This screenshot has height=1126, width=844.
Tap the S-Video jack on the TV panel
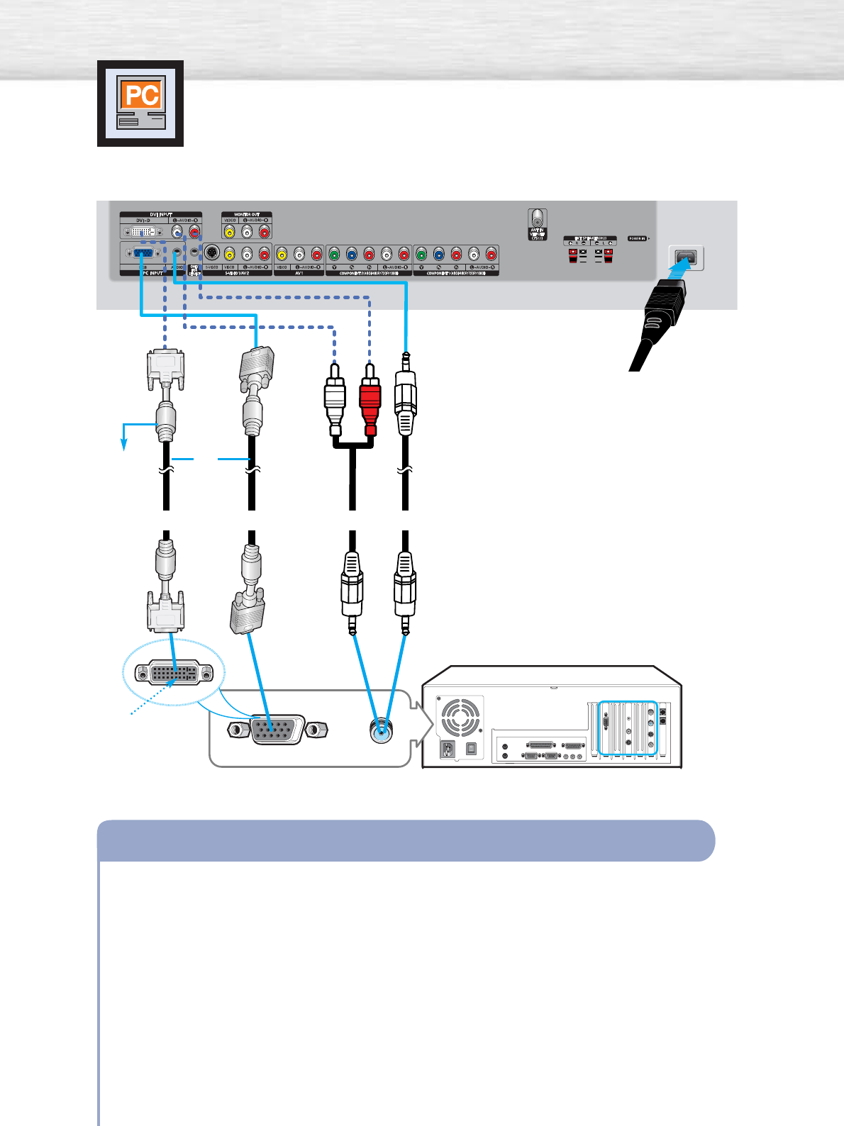211,253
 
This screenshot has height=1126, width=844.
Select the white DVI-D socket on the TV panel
143,231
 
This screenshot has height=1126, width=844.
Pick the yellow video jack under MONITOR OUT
229,232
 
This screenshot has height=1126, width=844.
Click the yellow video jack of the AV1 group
282,254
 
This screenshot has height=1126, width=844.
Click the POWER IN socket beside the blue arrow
686,257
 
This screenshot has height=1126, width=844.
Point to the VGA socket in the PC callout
277,730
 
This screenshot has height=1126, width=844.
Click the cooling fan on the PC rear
460,718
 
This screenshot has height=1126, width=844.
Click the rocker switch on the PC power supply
471,749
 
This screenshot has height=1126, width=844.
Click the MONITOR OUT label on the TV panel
246,214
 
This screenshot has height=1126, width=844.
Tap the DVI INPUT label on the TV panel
160,214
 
